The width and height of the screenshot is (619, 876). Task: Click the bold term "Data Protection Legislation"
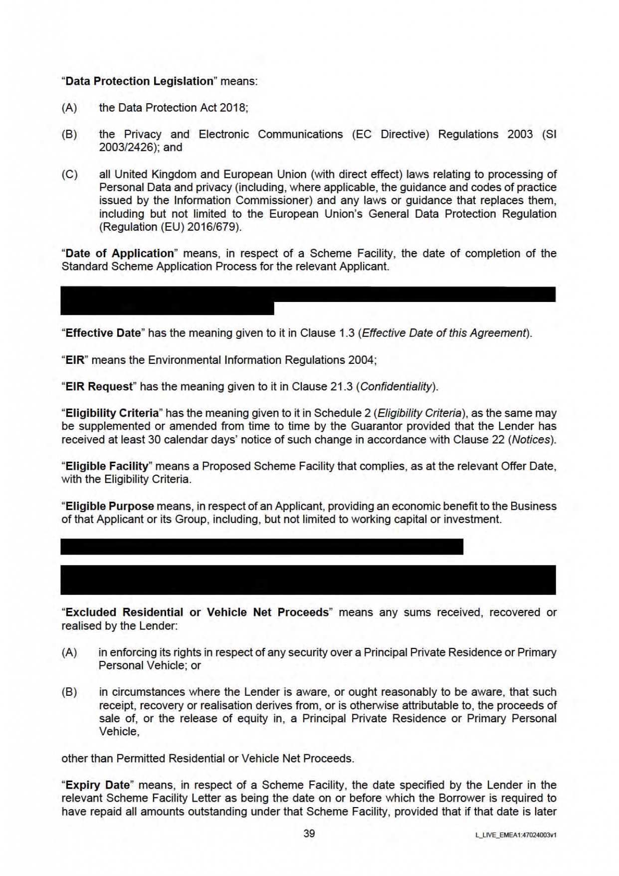139,81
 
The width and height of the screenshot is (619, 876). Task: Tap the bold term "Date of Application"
119,254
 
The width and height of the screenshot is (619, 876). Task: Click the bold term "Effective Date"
103,333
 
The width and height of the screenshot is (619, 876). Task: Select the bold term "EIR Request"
99,387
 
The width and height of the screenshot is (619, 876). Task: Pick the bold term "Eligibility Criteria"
112,413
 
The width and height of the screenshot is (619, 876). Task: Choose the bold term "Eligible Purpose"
110,506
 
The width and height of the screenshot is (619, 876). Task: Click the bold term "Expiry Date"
97,785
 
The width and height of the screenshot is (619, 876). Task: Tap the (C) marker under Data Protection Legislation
69,175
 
